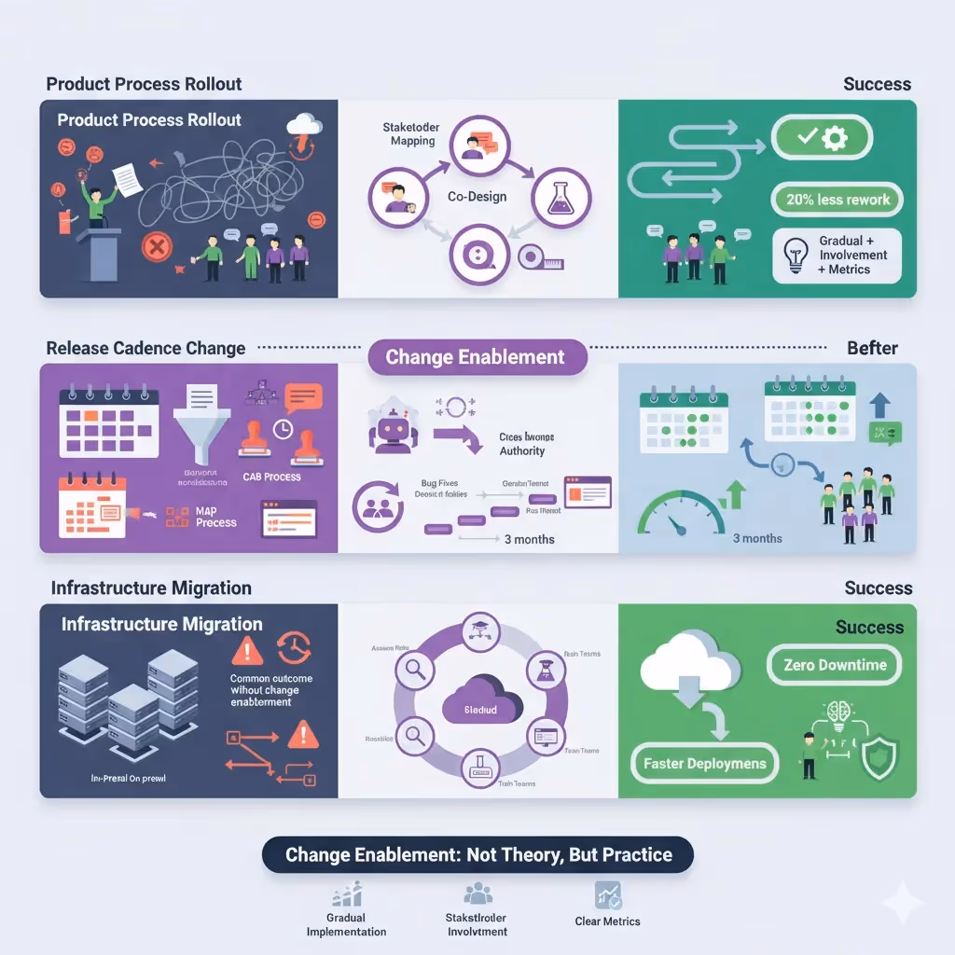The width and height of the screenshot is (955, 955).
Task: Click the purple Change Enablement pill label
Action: (x=476, y=357)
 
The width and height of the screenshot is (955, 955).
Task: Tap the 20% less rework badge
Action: (x=837, y=199)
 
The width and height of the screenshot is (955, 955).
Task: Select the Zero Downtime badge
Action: (x=835, y=665)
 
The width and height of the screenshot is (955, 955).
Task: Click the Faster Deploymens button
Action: (x=705, y=764)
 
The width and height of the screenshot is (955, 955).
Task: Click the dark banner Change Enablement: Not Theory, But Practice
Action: (x=478, y=855)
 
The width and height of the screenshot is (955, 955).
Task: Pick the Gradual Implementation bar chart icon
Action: (x=346, y=896)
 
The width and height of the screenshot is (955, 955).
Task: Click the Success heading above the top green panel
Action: (x=877, y=84)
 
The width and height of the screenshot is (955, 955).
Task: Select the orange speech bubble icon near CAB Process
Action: (x=303, y=398)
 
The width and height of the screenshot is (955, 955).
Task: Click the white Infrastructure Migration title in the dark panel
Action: (x=161, y=624)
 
